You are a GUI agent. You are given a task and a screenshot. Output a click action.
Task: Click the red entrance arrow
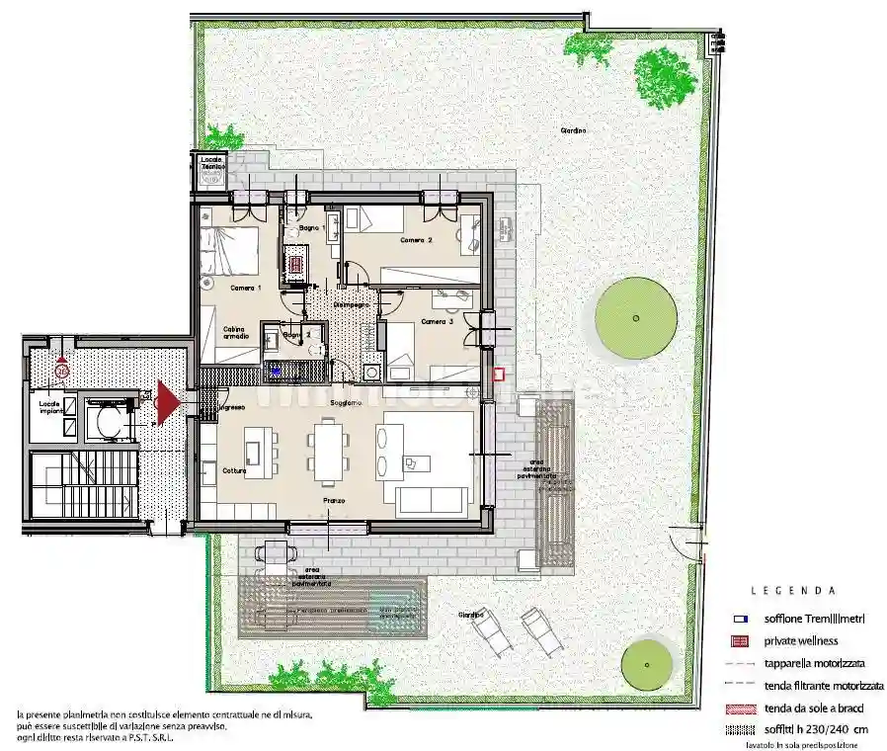(167, 402)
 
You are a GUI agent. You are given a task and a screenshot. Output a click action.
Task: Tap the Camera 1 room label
(245, 288)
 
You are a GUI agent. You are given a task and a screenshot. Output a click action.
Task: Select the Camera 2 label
(416, 240)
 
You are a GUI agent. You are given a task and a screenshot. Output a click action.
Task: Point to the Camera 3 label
(437, 321)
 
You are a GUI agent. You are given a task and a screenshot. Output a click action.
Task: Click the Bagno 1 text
(312, 228)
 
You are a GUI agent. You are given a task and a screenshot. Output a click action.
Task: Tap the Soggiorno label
(346, 403)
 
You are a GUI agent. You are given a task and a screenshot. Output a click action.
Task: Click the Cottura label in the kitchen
(234, 470)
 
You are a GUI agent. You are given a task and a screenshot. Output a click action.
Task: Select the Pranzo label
(332, 501)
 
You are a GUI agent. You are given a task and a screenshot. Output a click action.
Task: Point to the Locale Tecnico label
(212, 163)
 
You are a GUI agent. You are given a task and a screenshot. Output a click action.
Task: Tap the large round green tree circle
(636, 318)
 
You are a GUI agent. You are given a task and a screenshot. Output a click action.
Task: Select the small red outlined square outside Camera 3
(498, 375)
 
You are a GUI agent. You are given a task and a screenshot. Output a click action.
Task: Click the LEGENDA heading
(792, 591)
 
